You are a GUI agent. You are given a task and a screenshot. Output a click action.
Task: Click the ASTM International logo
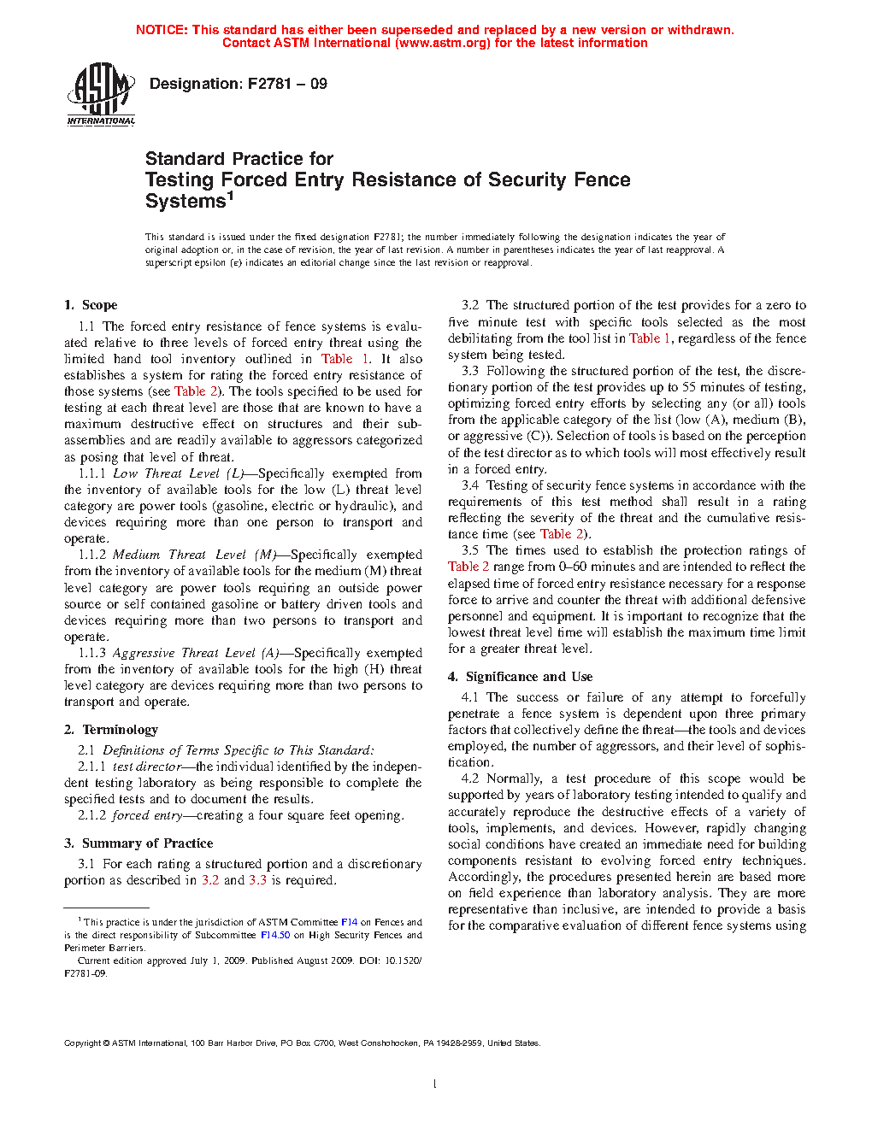(101, 94)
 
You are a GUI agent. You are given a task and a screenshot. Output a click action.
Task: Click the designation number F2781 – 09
(287, 84)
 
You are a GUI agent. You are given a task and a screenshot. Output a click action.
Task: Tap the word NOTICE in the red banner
(162, 30)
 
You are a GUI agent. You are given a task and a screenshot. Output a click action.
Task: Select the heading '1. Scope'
(91, 305)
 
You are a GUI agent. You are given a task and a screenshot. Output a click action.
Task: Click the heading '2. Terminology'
(111, 730)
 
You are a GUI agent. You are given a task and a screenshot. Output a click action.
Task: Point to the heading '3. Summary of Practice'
(138, 843)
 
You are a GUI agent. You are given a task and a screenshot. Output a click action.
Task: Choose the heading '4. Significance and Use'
(520, 677)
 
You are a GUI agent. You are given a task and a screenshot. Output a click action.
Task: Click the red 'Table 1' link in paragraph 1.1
(345, 359)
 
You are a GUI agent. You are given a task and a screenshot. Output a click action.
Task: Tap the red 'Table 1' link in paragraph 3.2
(650, 338)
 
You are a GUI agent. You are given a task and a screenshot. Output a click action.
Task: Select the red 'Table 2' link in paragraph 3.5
(468, 567)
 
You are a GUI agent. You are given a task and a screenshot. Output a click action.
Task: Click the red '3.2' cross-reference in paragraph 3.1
(210, 880)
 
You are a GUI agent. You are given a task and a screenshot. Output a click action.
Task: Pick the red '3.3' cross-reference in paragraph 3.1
(257, 880)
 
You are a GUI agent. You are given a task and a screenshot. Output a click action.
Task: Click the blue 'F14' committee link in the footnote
(349, 922)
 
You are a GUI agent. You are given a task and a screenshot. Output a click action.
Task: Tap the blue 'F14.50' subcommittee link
(275, 935)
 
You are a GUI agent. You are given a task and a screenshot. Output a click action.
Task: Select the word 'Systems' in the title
(185, 202)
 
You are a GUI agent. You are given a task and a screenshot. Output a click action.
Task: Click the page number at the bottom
(435, 1084)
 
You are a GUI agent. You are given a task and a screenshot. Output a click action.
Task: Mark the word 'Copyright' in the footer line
(83, 1043)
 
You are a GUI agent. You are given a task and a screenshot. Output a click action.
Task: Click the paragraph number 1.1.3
(92, 653)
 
